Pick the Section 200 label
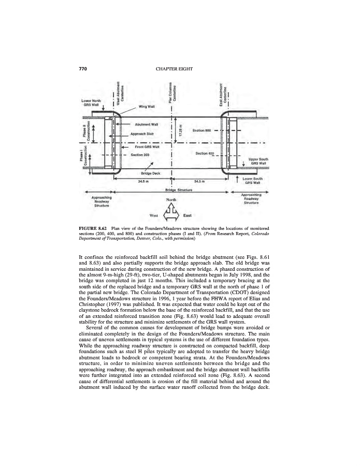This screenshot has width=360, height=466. point(140,154)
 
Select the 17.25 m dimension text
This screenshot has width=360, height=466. point(180,133)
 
